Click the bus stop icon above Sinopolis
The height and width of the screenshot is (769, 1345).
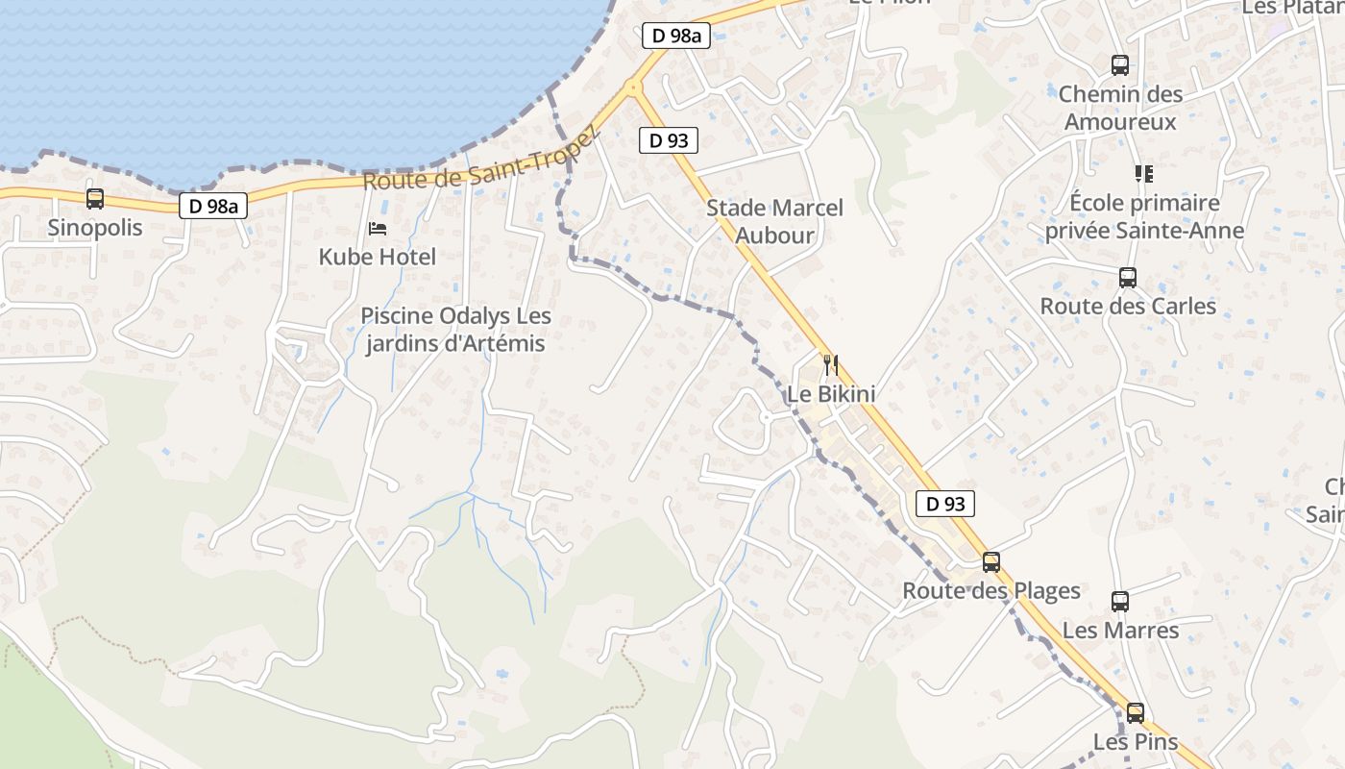click(94, 199)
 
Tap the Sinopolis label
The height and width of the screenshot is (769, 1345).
click(94, 228)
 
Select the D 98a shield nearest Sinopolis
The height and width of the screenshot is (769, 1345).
click(213, 205)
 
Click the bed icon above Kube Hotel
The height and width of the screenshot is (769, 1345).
click(378, 229)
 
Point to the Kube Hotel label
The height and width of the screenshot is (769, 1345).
click(378, 257)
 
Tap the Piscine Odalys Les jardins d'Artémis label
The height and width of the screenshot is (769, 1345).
click(455, 330)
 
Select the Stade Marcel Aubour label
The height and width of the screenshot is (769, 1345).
click(774, 221)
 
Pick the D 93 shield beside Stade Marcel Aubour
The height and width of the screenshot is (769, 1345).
click(668, 140)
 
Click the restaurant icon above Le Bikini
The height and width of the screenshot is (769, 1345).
click(831, 365)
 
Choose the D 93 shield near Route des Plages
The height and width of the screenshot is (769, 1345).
click(945, 503)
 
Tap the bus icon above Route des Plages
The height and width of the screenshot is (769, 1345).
click(990, 562)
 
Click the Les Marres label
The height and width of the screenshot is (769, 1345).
click(1120, 631)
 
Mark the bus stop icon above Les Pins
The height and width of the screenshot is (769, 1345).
click(1135, 713)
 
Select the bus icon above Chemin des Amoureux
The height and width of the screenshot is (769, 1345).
click(1119, 65)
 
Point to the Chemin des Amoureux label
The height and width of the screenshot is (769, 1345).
click(1120, 108)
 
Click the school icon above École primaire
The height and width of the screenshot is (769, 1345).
click(1143, 174)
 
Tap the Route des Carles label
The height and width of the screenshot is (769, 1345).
click(1128, 307)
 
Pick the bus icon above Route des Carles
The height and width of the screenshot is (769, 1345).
click(1127, 278)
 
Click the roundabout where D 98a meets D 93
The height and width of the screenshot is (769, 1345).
click(632, 87)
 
